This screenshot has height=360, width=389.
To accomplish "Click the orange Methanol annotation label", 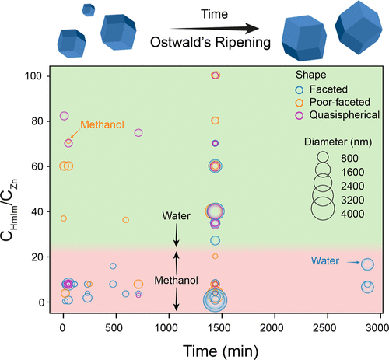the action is pyautogui.click(x=102, y=124).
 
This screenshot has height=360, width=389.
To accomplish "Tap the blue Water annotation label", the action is pyautogui.click(x=325, y=260).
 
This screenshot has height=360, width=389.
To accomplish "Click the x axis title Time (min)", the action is pyautogui.click(x=221, y=351).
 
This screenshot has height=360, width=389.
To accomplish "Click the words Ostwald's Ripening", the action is pyautogui.click(x=210, y=42).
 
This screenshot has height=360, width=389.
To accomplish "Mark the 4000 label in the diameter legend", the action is pyautogui.click(x=352, y=214).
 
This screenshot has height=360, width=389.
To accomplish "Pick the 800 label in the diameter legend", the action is pyautogui.click(x=349, y=158).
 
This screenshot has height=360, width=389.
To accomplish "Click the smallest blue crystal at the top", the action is pyautogui.click(x=89, y=10).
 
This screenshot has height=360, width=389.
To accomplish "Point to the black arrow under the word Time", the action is pyautogui.click(x=215, y=29).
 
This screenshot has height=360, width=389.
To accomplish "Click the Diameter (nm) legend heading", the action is pyautogui.click(x=338, y=142).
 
